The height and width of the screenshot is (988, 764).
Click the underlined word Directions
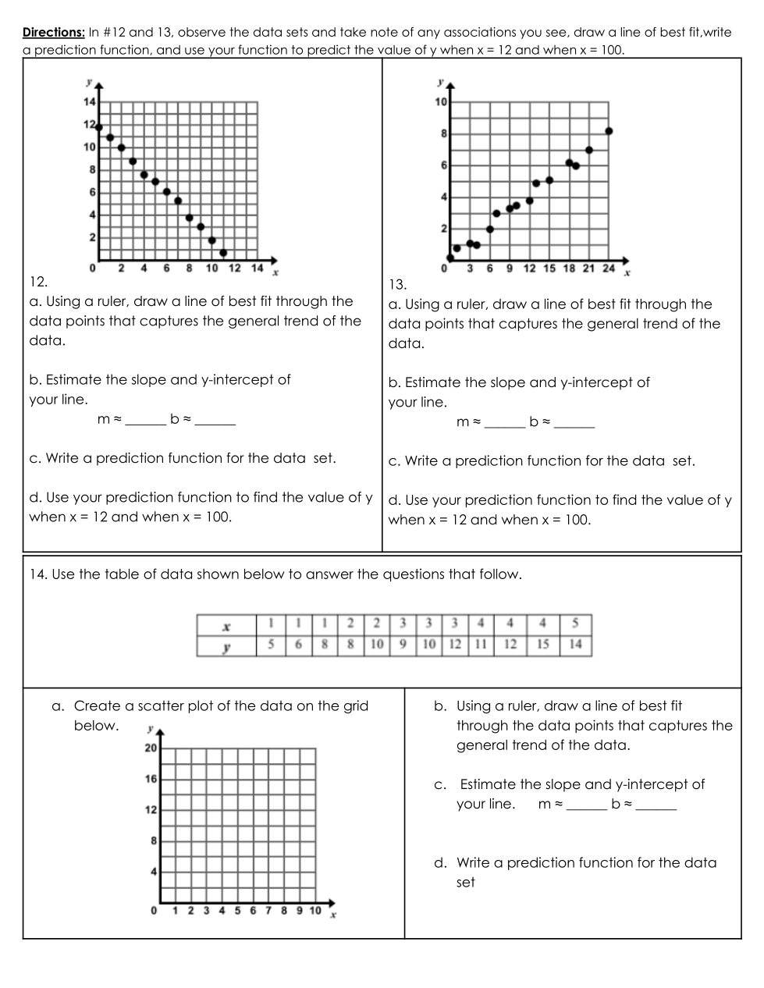[54, 33]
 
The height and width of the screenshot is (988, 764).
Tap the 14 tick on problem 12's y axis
[89, 102]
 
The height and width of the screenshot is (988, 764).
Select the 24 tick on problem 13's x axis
[609, 268]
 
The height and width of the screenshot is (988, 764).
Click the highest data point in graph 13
[609, 131]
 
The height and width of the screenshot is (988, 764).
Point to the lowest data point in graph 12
[223, 253]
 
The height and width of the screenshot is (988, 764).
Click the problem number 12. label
[38, 281]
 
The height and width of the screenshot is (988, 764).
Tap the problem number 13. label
[397, 284]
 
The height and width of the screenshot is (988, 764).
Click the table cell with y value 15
[542, 645]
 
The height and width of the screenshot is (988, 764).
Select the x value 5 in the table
[575, 624]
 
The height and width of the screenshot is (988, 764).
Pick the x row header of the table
[226, 625]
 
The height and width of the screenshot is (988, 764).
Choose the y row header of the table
[226, 645]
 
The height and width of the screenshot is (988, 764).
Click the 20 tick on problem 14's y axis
[151, 748]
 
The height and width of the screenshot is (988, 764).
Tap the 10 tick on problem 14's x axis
[315, 911]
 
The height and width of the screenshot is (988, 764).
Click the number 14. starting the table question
[38, 574]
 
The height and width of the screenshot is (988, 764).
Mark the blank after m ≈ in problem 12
[146, 420]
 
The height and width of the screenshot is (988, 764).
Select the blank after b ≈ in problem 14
[656, 805]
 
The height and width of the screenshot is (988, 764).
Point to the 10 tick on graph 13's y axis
[441, 102]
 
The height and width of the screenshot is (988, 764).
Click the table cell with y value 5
[270, 645]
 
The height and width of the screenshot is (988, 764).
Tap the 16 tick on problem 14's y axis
[151, 779]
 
